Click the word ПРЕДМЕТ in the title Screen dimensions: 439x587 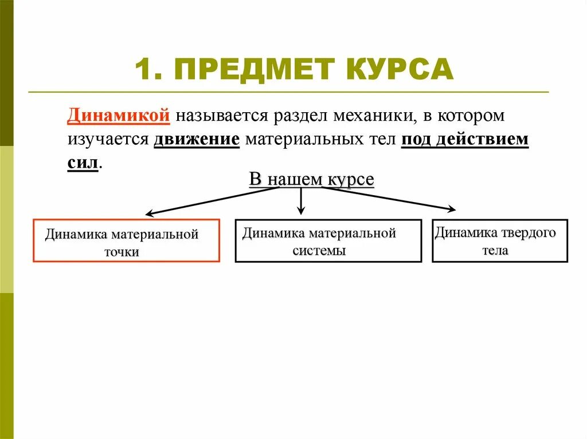pyautogui.click(x=252, y=69)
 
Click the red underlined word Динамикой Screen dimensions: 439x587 pyautogui.click(x=118, y=115)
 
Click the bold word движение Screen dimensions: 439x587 pyautogui.click(x=196, y=139)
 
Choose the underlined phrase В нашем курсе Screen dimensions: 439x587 pyautogui.click(x=311, y=179)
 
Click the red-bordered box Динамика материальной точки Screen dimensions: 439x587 pyautogui.click(x=126, y=241)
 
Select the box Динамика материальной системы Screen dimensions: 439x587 pyautogui.click(x=328, y=241)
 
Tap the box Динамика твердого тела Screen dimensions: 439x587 pyautogui.click(x=499, y=241)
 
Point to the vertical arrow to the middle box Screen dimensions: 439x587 pyautogui.click(x=302, y=200)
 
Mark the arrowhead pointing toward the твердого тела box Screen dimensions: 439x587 pyautogui.click(x=452, y=209)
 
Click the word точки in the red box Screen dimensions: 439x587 pyautogui.click(x=122, y=252)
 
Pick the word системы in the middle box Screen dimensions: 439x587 pyautogui.click(x=319, y=251)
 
